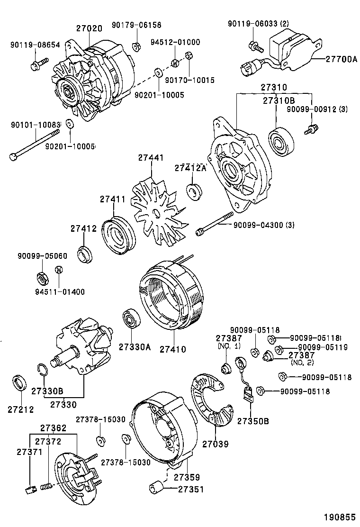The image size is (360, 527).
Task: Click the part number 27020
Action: pyautogui.click(x=89, y=29)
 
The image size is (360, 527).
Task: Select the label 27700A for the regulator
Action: pyautogui.click(x=341, y=59)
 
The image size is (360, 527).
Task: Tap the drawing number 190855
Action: pyautogui.click(x=342, y=516)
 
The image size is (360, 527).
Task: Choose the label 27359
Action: pyautogui.click(x=188, y=477)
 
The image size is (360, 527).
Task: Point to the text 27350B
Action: pyautogui.click(x=253, y=420)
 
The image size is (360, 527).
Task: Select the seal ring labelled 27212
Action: pyautogui.click(x=19, y=383)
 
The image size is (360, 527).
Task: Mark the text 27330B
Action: pyautogui.click(x=47, y=391)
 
